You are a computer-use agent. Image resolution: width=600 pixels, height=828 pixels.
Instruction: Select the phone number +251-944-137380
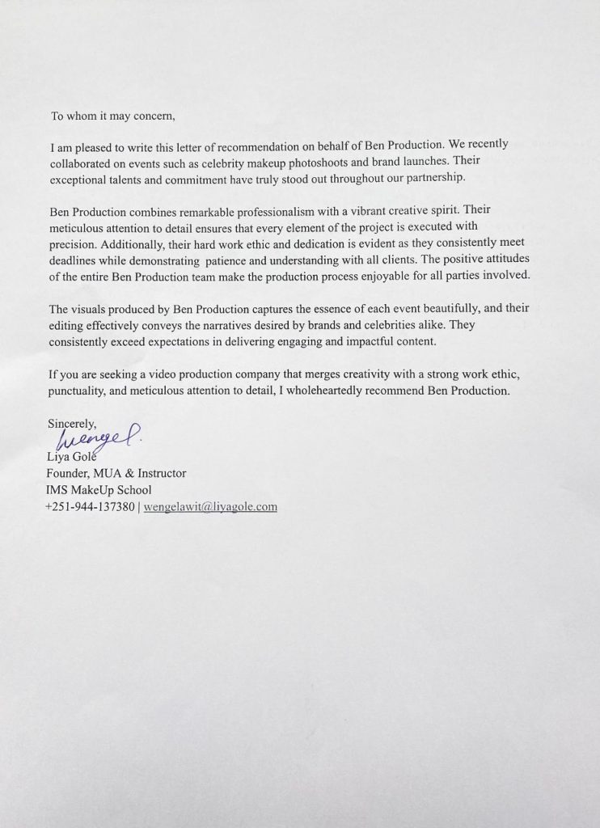[x=91, y=508]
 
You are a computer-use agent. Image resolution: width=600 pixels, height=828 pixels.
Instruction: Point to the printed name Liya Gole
[x=71, y=458]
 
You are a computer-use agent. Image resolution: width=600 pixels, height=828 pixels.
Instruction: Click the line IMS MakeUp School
[x=99, y=490]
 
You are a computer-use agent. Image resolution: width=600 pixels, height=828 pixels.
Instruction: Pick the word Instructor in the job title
[x=159, y=474]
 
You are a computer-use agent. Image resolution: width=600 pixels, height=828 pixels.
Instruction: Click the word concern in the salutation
[x=151, y=116]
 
